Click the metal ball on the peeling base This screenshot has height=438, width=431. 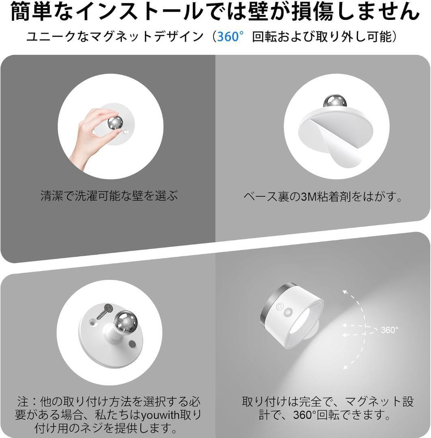[x=335, y=101]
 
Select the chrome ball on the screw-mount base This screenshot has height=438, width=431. [x=126, y=321]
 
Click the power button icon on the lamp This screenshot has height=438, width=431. [x=279, y=307]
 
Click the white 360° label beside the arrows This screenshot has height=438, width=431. [x=389, y=330]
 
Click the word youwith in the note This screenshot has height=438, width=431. [x=160, y=415]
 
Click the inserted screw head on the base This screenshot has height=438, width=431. [x=131, y=344]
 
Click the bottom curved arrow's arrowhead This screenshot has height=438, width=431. [x=346, y=366]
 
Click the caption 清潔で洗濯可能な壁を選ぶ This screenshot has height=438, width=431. [x=109, y=195]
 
